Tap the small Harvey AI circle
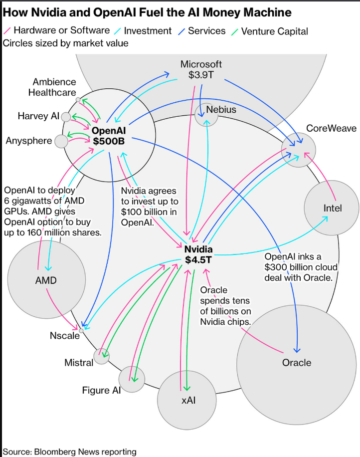click(x=66, y=117)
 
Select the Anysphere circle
click(x=61, y=141)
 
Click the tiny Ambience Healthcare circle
click(x=78, y=100)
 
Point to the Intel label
click(x=333, y=208)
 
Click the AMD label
click(x=46, y=280)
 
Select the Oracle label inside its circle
click(x=296, y=363)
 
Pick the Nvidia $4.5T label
click(x=198, y=254)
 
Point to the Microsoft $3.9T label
click(x=201, y=70)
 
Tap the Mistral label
click(x=79, y=363)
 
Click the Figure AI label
click(x=102, y=390)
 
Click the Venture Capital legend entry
click(x=274, y=31)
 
